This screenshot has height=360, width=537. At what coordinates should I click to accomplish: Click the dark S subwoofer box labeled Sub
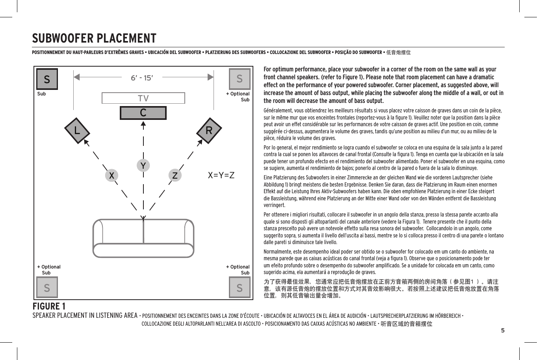pos(47,79)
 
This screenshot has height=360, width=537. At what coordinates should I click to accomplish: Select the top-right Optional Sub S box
pos(240,79)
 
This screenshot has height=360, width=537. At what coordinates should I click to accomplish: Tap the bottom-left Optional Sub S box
pos(47,287)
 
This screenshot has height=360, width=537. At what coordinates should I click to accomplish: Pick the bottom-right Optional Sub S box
pos(240,287)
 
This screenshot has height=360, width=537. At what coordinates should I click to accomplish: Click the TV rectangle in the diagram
pos(143,98)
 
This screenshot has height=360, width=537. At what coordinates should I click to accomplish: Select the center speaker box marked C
pos(143,113)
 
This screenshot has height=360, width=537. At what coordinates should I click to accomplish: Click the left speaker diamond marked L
pos(77,130)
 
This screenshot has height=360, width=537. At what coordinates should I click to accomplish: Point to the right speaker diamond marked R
pos(209,130)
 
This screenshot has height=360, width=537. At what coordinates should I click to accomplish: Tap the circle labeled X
pos(112,175)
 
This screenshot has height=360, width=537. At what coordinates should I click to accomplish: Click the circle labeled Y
pos(143,165)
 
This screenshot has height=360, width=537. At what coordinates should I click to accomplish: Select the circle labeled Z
pos(175,175)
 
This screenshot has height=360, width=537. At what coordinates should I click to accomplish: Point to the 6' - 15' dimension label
pos(141,78)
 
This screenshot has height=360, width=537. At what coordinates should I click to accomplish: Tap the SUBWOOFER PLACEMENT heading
pos(94,38)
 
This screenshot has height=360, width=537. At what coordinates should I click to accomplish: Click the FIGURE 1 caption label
pos(49,306)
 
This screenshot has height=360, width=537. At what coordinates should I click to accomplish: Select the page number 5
pos(502,330)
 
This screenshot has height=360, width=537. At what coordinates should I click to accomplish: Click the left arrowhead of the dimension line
pos(77,77)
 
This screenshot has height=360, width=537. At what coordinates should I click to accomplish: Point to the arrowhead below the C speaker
pos(143,125)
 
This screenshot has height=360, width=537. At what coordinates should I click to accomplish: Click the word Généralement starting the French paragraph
pos(276,111)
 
